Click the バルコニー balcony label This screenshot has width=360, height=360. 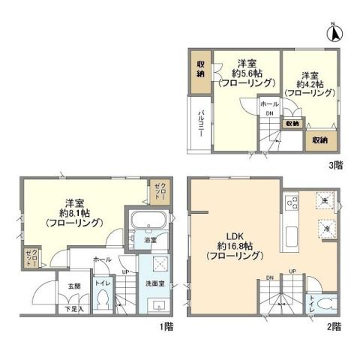coord(201,122)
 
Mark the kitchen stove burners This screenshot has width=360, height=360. coord(292,203)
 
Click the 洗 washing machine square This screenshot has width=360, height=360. coord(325,202)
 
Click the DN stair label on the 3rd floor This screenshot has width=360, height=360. coord(268,113)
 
